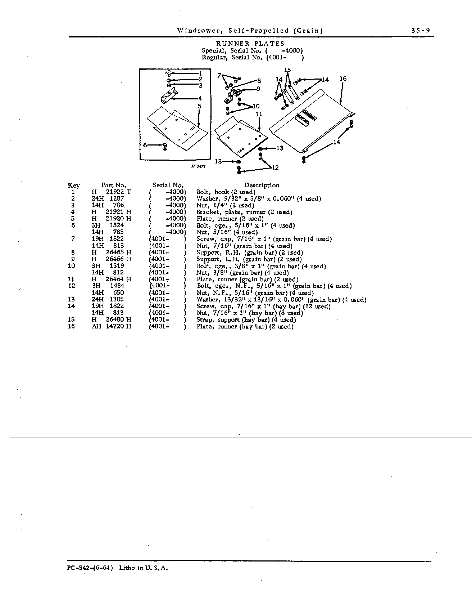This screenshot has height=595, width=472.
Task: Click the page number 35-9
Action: click(x=421, y=31)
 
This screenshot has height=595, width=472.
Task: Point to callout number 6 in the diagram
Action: click(x=145, y=145)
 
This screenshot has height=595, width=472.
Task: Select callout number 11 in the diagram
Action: click(x=259, y=114)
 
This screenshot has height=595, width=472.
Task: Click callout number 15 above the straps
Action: click(x=287, y=70)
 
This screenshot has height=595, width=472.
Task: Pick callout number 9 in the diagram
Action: click(x=258, y=89)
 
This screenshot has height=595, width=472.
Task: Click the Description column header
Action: click(x=262, y=185)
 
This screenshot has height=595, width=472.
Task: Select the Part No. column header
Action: click(x=114, y=185)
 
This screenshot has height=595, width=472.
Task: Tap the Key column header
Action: click(x=74, y=185)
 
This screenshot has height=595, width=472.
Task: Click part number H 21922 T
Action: click(x=111, y=192)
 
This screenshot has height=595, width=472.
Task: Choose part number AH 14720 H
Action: click(x=111, y=326)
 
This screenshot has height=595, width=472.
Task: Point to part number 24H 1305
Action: click(x=108, y=299)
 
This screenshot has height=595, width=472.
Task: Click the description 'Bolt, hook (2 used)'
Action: click(x=226, y=192)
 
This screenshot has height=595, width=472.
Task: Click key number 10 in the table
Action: click(x=72, y=266)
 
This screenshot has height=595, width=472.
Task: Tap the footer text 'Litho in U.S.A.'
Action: click(x=144, y=568)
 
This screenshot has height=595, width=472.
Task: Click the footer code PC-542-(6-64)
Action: click(x=90, y=568)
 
